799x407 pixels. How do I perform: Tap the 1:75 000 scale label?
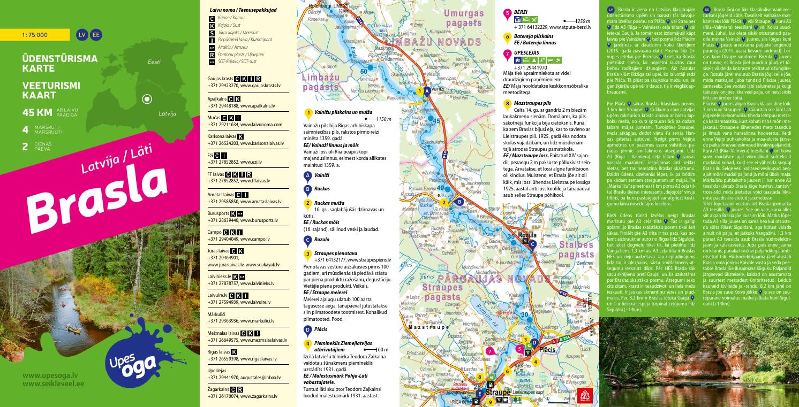35,35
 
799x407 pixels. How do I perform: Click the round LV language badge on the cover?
82,35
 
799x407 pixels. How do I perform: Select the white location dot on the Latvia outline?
146,99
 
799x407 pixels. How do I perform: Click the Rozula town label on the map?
527,235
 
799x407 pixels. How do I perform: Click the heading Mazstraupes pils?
532,102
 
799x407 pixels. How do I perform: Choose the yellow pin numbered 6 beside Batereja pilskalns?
507,37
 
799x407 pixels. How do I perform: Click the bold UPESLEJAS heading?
526,53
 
